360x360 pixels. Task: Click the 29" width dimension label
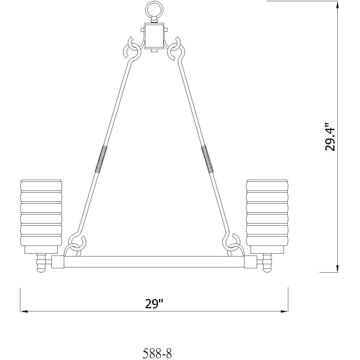point(154,304)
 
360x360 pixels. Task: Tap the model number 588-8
point(157,353)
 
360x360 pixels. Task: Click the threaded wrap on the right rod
point(207,159)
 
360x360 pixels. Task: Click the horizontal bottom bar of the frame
point(154,262)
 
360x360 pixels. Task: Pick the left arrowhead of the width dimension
point(24,311)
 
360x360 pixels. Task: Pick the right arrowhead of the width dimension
point(284,311)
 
